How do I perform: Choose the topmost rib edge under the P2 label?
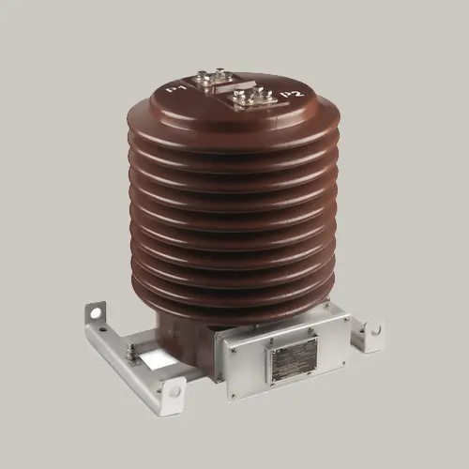tap(300, 127)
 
